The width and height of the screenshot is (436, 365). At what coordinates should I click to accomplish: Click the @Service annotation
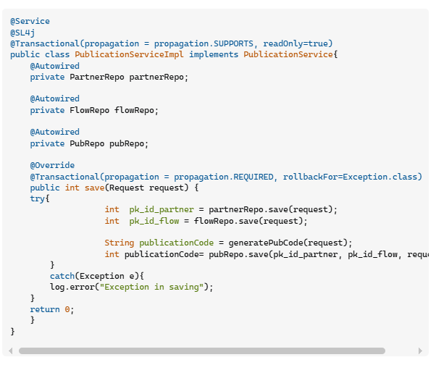pos(30,21)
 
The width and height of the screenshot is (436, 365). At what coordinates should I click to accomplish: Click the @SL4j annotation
pos(22,33)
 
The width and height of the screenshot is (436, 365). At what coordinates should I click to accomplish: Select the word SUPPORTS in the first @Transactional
pos(233,43)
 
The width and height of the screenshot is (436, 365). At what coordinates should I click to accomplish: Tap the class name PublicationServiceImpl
pos(130,54)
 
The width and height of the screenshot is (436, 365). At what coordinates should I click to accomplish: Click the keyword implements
pos(214,55)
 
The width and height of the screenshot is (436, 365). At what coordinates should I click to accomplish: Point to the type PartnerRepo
pos(97,77)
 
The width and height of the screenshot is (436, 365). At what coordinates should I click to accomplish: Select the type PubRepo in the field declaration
pos(87,143)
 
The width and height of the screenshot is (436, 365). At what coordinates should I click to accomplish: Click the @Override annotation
pos(52,165)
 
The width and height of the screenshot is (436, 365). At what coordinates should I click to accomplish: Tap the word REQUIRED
pos(253,177)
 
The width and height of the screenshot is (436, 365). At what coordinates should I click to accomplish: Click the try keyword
pos(37,198)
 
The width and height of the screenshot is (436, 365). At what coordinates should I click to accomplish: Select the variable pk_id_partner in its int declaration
pos(162,210)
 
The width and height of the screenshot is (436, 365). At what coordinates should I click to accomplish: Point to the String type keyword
pos(120,243)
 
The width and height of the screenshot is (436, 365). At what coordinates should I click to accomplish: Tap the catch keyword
pos(62,276)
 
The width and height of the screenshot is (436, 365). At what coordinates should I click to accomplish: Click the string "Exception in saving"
pos(151,288)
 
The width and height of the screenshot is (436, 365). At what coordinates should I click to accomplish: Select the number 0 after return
pos(67,309)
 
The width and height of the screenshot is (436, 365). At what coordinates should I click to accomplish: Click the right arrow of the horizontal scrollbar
pos(420,351)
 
